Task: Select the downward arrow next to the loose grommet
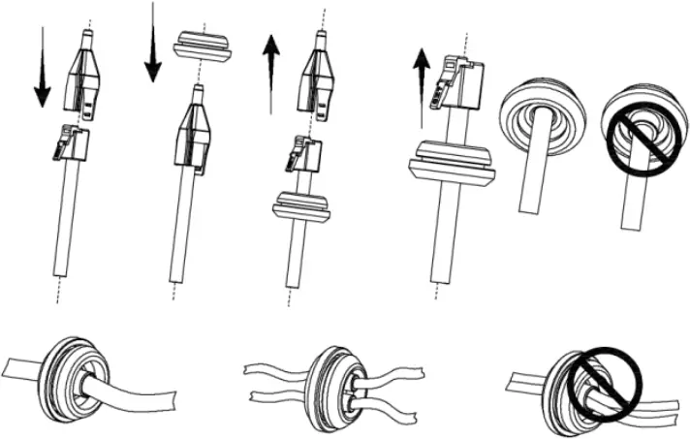(153, 44)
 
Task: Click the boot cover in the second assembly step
(195, 132)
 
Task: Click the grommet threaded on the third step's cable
(301, 207)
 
